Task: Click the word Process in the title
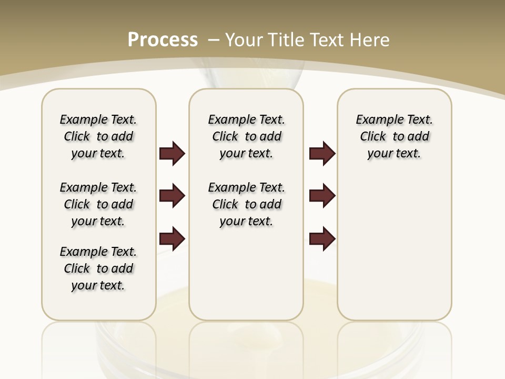(x=163, y=40)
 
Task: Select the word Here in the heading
(x=370, y=40)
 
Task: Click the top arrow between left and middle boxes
(x=172, y=154)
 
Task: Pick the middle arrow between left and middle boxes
(x=172, y=196)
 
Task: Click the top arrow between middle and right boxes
(x=322, y=154)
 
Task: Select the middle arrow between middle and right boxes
(x=322, y=196)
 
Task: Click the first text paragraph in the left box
(x=98, y=136)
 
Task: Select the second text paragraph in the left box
(x=98, y=204)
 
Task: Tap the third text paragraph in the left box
(x=98, y=268)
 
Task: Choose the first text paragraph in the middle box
(x=246, y=136)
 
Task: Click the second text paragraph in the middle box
(x=246, y=204)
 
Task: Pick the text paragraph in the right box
(x=394, y=136)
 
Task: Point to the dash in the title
(x=214, y=40)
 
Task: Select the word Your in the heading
(x=244, y=40)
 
